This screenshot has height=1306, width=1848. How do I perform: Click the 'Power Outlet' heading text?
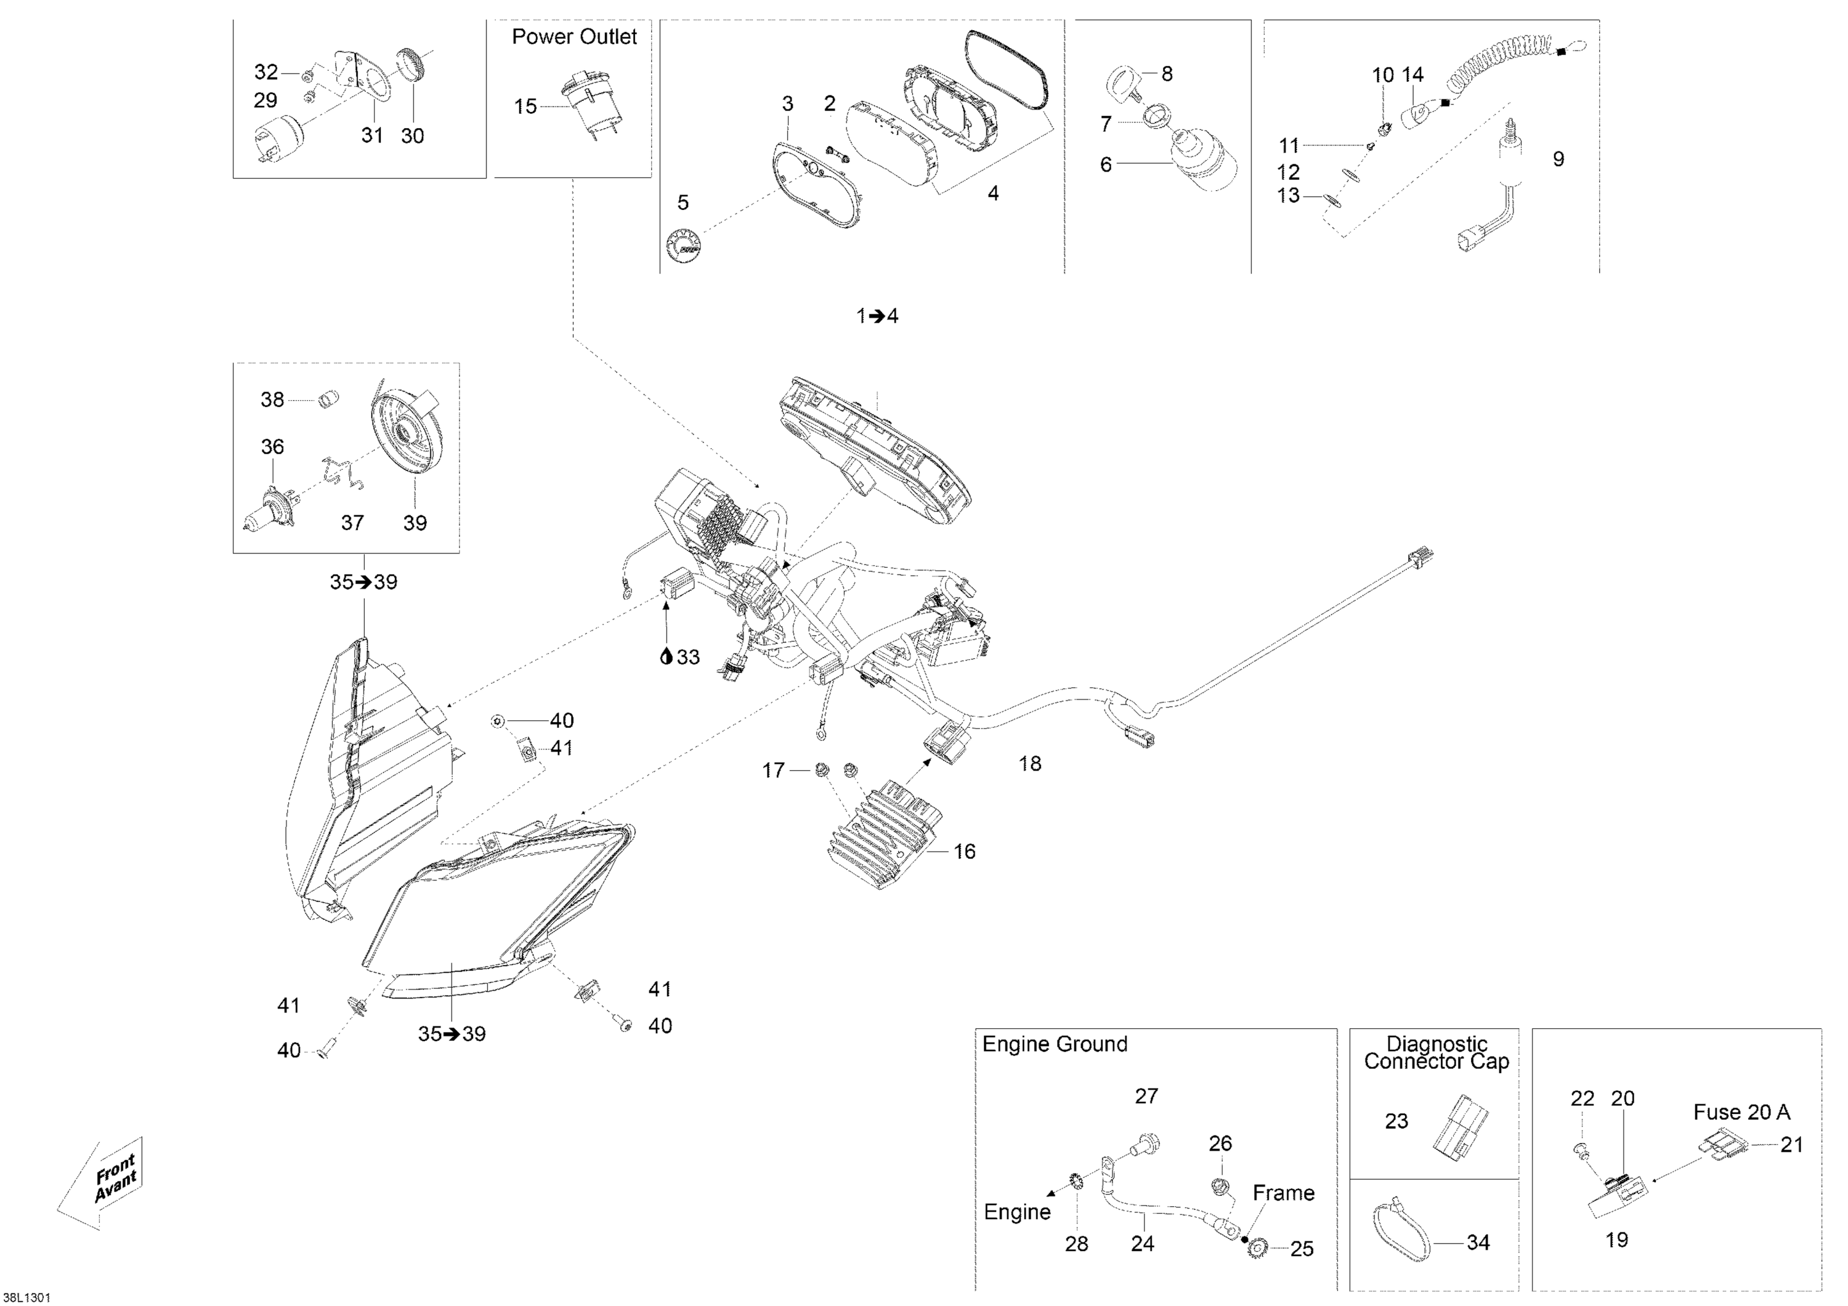click(x=574, y=37)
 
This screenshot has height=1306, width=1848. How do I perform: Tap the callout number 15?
click(x=525, y=107)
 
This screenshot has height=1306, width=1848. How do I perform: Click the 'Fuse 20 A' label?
click(x=1741, y=1112)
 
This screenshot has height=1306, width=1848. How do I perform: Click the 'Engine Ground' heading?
click(x=1055, y=1044)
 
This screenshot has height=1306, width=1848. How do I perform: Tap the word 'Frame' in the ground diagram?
click(x=1283, y=1193)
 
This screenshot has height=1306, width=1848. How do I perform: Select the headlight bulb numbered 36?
click(x=270, y=504)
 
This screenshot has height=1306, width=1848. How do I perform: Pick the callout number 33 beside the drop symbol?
click(x=687, y=658)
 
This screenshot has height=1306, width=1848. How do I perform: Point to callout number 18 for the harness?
click(x=1029, y=764)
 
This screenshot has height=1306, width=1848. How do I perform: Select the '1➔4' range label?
click(x=877, y=316)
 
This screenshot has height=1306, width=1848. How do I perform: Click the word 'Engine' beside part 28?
click(x=1016, y=1212)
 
